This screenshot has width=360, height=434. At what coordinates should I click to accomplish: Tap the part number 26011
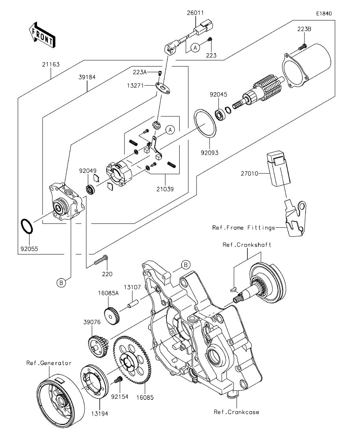195,13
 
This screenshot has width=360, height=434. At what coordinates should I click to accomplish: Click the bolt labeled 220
100,260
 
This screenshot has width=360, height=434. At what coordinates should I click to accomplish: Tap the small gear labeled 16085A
112,316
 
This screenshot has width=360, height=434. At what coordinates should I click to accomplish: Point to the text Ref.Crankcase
236,412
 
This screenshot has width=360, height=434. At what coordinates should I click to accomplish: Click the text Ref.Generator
49,363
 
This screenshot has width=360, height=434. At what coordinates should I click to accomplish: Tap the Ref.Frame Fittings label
243,227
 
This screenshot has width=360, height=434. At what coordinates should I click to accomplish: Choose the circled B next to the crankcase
186,265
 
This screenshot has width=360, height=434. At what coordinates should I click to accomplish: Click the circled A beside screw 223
195,48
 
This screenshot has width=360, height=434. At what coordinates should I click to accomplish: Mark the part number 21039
165,189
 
